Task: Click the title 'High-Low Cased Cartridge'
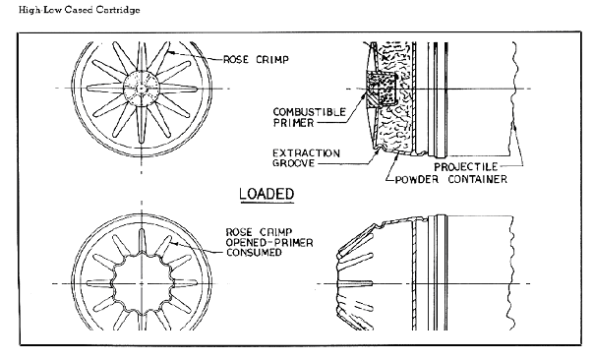click(x=80, y=10)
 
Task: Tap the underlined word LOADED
click(x=267, y=194)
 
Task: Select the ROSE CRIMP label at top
click(x=256, y=59)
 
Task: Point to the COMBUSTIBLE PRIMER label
click(x=309, y=117)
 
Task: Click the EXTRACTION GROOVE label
click(x=306, y=158)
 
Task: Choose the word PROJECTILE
click(x=465, y=167)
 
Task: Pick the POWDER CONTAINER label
click(x=450, y=179)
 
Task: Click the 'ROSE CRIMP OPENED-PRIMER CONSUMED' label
click(x=269, y=242)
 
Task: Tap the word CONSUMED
click(x=254, y=253)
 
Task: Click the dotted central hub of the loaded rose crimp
click(x=142, y=89)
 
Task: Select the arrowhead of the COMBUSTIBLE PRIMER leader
click(x=365, y=94)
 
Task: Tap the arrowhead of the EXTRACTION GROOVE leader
click(x=378, y=150)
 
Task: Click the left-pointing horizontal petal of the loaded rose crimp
click(x=105, y=89)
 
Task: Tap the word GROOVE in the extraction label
click(x=294, y=163)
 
